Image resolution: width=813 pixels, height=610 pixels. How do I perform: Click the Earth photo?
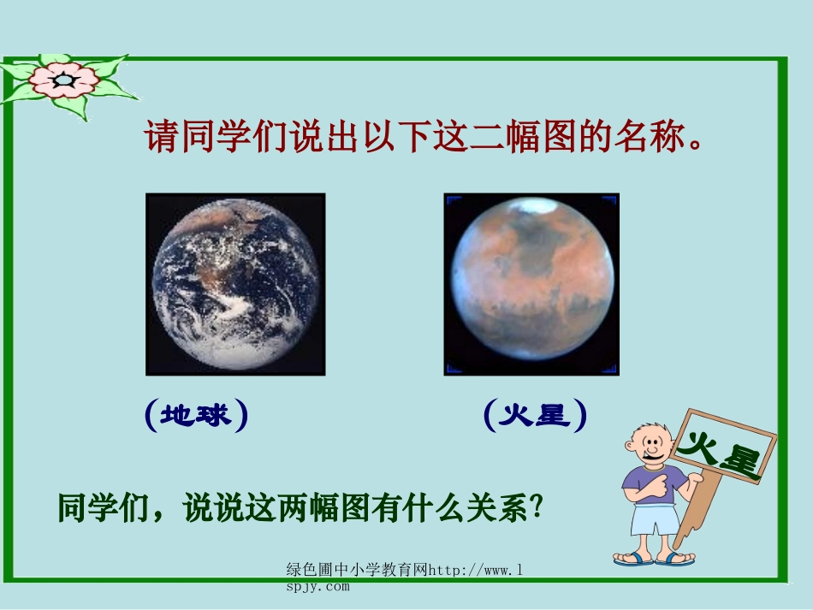click(x=235, y=284)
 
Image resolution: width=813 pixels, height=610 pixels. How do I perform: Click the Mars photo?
click(x=531, y=284)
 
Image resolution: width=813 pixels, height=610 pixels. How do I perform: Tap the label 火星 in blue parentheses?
click(x=535, y=416)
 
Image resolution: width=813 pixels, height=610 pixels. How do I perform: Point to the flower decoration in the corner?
click(x=65, y=82)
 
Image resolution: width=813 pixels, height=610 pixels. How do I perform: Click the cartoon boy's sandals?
click(x=655, y=560)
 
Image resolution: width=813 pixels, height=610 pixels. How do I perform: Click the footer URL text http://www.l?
click(x=475, y=570)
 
